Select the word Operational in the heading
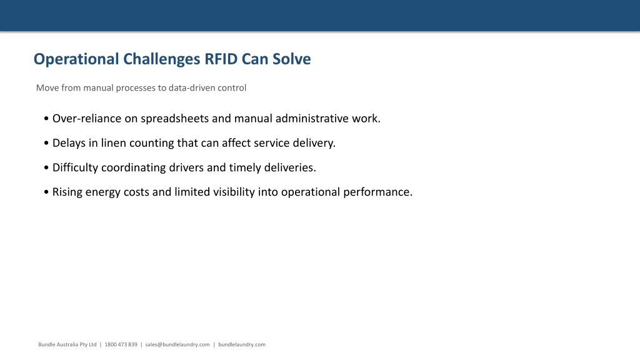[x=76, y=59]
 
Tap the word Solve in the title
[x=292, y=59]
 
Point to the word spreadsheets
[x=175, y=119]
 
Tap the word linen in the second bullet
[x=114, y=143]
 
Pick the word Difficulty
[x=75, y=167]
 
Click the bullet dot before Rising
[x=46, y=192]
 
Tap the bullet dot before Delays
[x=46, y=143]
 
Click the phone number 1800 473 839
[x=121, y=344]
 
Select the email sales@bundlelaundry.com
[x=177, y=344]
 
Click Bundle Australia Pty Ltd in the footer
[x=67, y=344]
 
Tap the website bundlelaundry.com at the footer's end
[x=242, y=344]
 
